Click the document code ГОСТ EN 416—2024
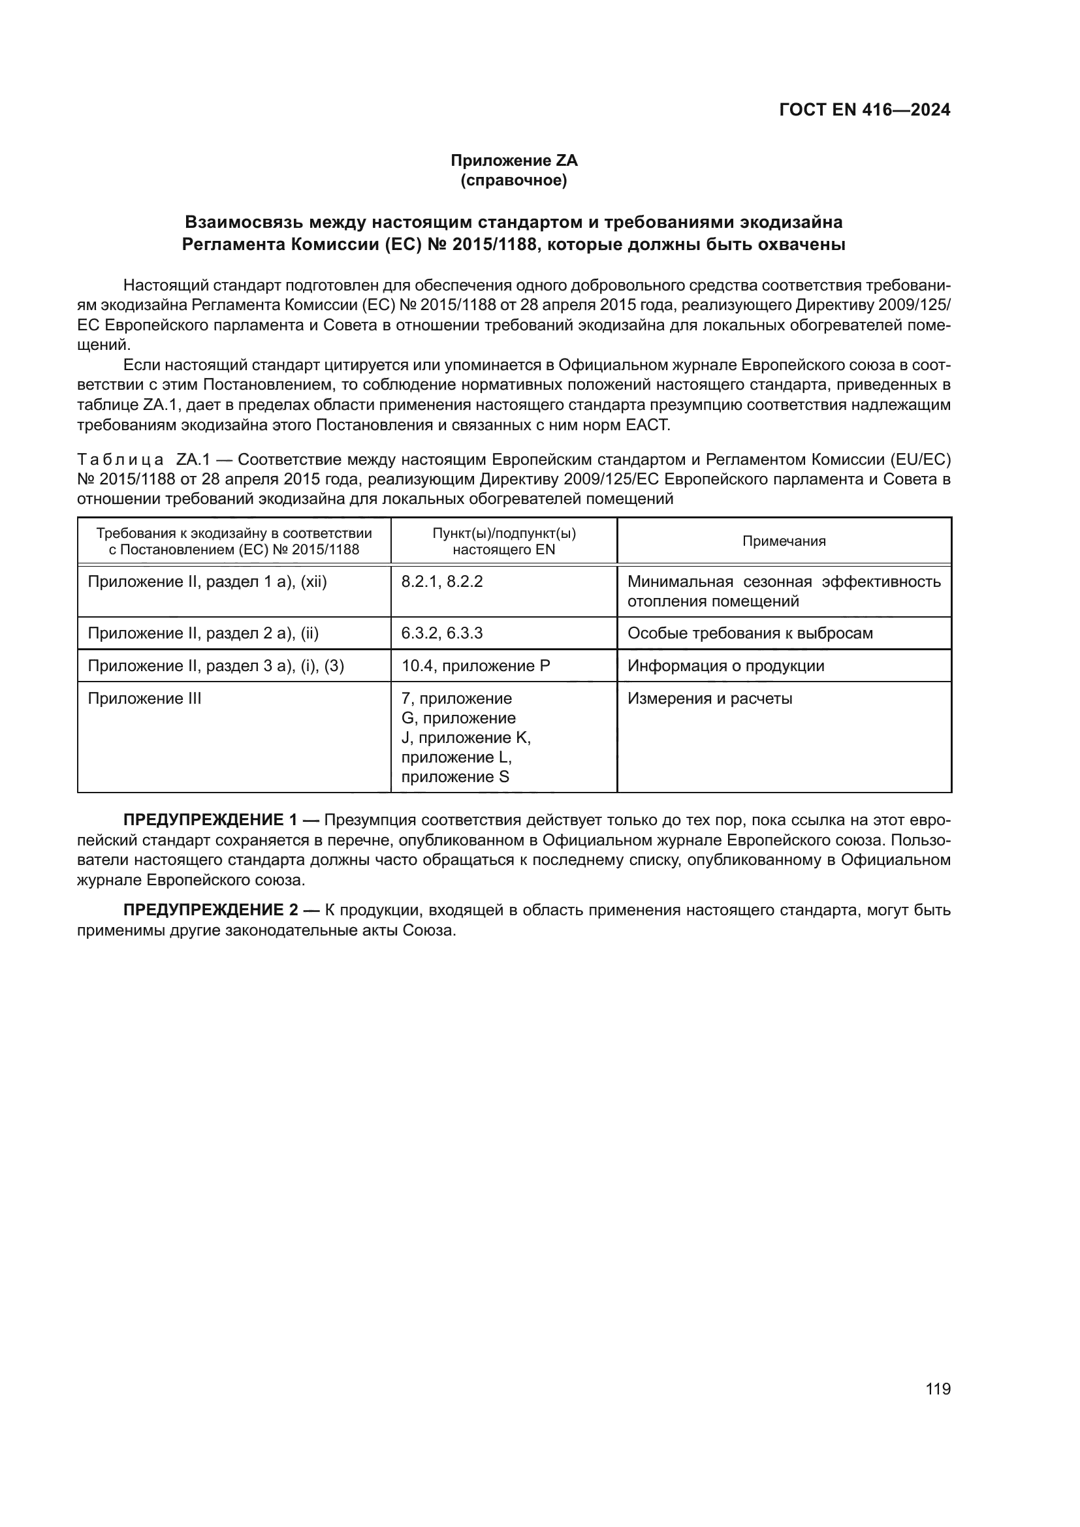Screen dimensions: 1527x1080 point(865,110)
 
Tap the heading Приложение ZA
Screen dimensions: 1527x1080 point(514,161)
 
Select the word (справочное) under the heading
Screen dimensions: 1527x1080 point(514,181)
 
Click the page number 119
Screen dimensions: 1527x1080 point(938,1389)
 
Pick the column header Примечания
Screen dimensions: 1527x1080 point(784,541)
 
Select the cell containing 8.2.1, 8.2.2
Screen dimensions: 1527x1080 point(442,582)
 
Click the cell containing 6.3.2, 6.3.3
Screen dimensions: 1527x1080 point(442,633)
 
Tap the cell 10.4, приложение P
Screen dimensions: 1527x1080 point(475,666)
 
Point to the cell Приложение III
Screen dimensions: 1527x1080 point(144,699)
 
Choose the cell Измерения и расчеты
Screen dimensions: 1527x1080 point(710,699)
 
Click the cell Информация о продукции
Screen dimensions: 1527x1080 point(725,666)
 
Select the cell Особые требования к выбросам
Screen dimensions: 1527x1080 point(750,633)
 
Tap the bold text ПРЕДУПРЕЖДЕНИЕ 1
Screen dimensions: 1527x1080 point(210,820)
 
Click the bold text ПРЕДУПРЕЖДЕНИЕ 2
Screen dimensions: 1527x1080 point(210,910)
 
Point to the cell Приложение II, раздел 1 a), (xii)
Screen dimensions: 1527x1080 point(208,582)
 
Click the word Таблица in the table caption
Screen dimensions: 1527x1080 point(120,460)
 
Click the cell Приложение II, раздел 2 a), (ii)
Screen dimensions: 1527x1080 point(204,633)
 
